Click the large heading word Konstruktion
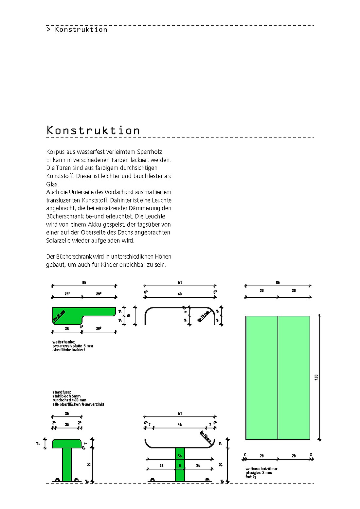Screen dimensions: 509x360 tap(93, 130)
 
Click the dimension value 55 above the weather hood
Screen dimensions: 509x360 tap(84, 282)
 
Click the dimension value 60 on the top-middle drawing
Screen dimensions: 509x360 tap(180, 294)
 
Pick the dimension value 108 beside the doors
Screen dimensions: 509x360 tap(316, 377)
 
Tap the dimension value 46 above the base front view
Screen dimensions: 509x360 tap(180, 425)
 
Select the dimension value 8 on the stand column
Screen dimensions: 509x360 tap(180, 465)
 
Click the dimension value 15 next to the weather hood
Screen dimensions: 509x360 tap(129, 316)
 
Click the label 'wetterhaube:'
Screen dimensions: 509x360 tap(64, 342)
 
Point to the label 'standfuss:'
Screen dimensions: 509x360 tap(62, 392)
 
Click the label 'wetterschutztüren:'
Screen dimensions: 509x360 tap(262, 469)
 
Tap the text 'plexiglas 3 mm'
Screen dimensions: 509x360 tap(259, 473)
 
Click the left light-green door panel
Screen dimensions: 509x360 tap(261, 377)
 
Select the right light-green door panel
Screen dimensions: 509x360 tap(294, 377)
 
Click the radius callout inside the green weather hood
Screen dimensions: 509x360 tap(59, 316)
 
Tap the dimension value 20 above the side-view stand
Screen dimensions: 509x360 tap(67, 425)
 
